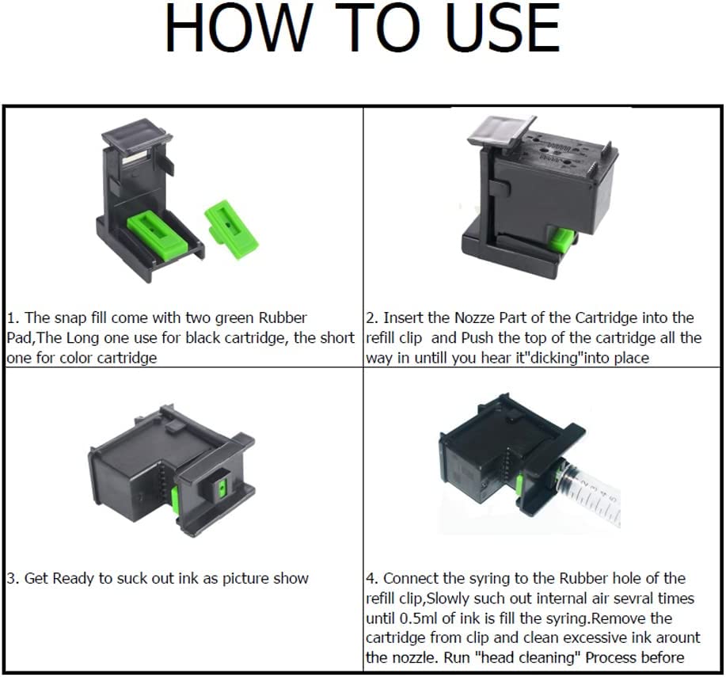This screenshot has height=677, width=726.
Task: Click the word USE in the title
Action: coord(504,28)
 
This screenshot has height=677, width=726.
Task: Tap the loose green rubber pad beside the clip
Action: coord(231,229)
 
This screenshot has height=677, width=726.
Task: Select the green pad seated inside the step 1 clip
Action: coord(157,230)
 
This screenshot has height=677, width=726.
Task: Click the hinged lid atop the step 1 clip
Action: coord(136,135)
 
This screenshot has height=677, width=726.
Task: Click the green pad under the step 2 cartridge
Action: coord(562,240)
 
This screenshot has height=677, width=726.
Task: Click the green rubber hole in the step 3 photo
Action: coord(222,487)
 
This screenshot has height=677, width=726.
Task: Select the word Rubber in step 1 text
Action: coord(283,318)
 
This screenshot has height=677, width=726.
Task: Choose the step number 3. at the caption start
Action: coord(13,578)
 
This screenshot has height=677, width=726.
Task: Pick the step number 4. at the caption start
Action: coord(373,578)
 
